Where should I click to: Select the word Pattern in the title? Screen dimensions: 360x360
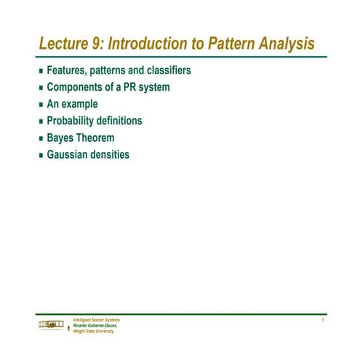point(233,44)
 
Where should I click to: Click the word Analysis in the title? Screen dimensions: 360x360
point(289,44)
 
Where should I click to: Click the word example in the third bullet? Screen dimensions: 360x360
point(81,105)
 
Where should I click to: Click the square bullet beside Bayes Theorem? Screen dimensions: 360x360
point(41,138)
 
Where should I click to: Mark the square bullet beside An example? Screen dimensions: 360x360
point(41,105)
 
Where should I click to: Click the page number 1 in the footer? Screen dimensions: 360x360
point(321,320)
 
